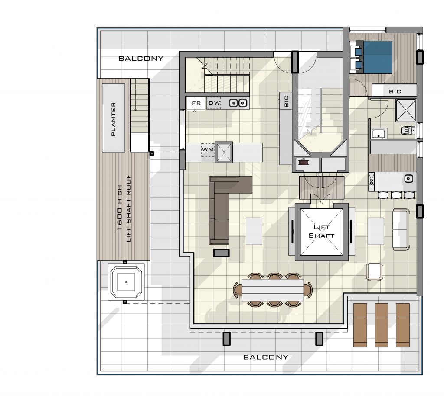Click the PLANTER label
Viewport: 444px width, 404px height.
tap(114, 119)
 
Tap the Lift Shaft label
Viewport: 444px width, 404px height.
tap(321, 231)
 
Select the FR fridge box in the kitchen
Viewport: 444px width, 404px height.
tap(196, 103)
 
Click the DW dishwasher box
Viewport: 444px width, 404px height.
tap(214, 103)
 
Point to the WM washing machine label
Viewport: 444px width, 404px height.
tap(208, 149)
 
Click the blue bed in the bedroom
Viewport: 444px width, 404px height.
tap(374, 57)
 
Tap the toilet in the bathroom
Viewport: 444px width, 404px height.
tap(408, 130)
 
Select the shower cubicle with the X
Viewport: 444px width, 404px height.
tap(406, 110)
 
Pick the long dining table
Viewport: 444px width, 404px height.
tap(272, 290)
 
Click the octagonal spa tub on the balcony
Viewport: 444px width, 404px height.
tap(126, 282)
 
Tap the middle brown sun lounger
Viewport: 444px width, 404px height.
tap(382, 325)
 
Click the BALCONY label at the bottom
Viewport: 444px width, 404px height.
tap(266, 357)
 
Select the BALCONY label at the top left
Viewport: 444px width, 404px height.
tap(141, 58)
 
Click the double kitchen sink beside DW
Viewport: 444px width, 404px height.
tap(238, 103)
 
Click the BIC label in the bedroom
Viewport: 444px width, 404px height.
tap(395, 92)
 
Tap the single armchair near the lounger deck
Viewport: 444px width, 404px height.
tap(374, 272)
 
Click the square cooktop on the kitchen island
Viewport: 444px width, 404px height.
tap(224, 152)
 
